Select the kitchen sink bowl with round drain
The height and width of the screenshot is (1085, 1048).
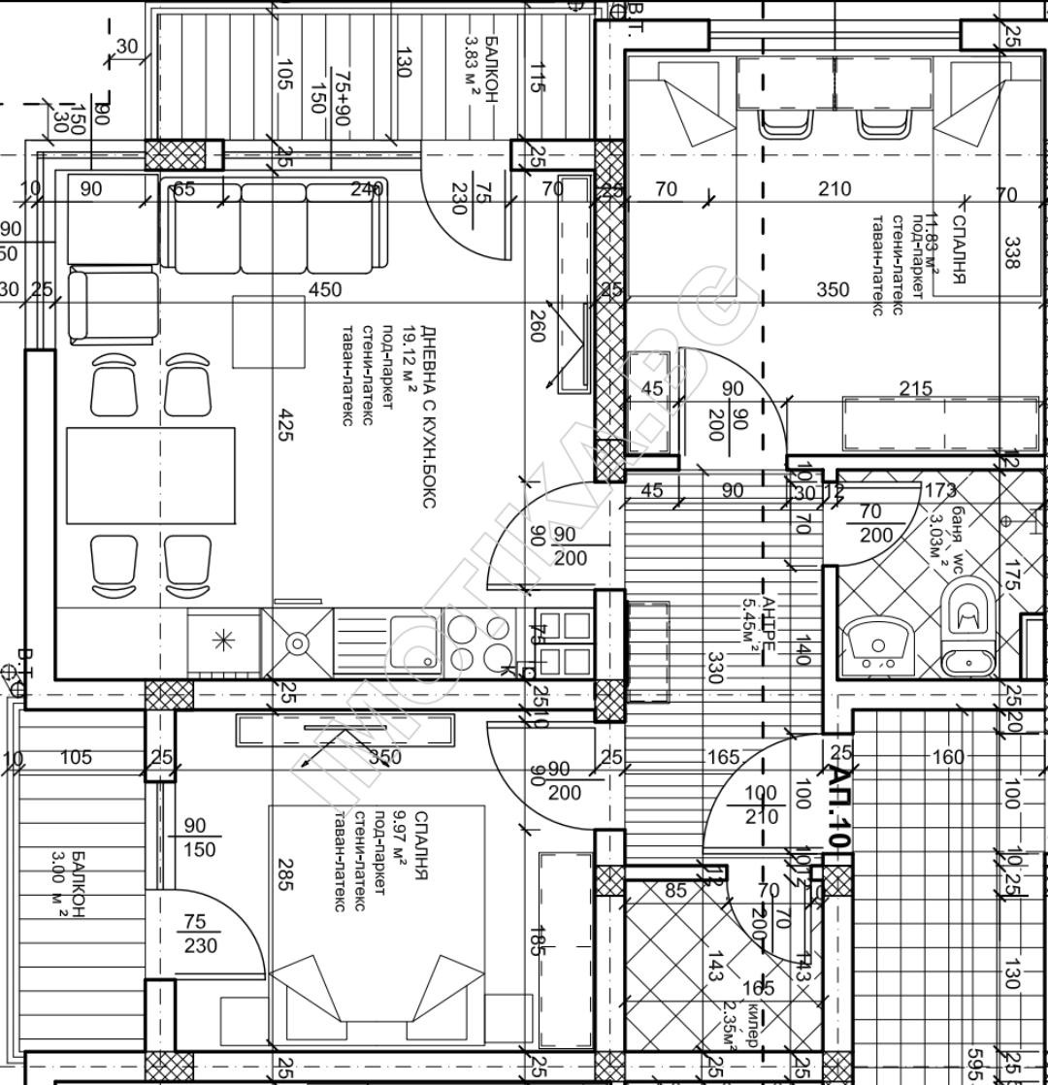tap(297, 642)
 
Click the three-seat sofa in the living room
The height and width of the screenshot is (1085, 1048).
tap(275, 227)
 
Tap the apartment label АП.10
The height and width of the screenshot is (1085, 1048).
tap(837, 795)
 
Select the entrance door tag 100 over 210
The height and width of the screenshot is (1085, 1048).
tap(762, 806)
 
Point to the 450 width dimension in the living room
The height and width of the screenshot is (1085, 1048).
tap(326, 289)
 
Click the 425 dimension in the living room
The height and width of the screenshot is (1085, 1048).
tap(284, 424)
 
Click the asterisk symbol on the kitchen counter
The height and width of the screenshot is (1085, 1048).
tap(223, 641)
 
